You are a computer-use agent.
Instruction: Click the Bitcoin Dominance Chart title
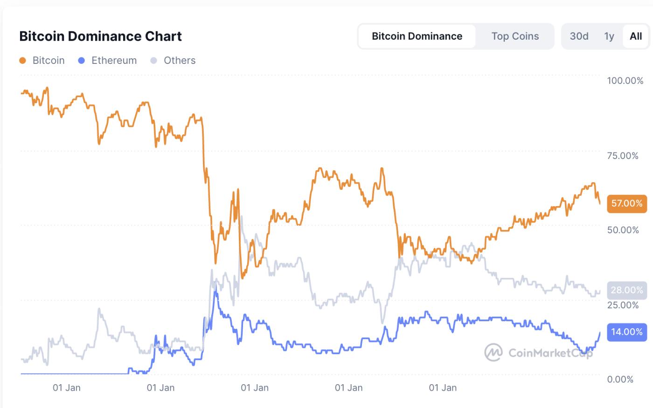tap(100, 36)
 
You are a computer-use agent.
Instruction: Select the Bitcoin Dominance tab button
tap(417, 36)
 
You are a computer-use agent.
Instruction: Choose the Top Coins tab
tap(515, 36)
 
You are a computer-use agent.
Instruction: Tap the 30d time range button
tap(579, 36)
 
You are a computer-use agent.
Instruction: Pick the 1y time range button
tap(609, 36)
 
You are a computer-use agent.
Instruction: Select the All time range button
tap(636, 36)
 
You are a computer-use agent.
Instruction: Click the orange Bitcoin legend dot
tap(23, 61)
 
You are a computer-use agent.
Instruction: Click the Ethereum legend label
tap(114, 61)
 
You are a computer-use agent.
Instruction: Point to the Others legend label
tap(179, 61)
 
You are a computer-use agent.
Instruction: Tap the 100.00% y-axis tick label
tap(625, 81)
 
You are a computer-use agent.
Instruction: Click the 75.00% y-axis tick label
tap(623, 156)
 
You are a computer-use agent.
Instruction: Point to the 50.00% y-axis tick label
tap(623, 230)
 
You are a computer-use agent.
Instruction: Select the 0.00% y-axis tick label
tap(620, 380)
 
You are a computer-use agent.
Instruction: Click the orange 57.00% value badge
tap(626, 203)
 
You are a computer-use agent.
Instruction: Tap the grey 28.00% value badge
tap(626, 290)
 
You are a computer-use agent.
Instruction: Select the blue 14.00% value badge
tap(626, 332)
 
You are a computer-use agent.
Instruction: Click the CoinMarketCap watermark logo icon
tap(493, 352)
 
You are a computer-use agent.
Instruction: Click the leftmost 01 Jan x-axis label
tap(66, 387)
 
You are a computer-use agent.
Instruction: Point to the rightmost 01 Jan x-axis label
tap(442, 387)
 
